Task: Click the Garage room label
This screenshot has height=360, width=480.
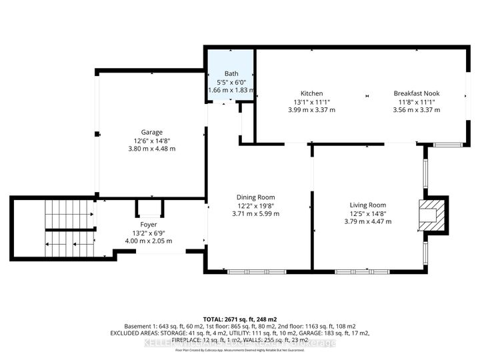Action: [151, 132]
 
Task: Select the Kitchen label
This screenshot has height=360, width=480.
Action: [311, 93]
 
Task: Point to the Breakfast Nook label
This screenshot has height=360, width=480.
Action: [416, 93]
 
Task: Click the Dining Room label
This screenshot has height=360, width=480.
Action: [256, 197]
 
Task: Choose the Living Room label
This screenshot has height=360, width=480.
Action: [368, 205]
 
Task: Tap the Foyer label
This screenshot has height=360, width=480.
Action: [148, 225]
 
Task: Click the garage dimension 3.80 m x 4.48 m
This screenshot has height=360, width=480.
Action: [151, 149]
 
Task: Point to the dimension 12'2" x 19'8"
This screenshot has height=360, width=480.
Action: [256, 205]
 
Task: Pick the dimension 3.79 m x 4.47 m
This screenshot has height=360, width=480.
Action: [368, 222]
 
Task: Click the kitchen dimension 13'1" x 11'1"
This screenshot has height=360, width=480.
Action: [311, 102]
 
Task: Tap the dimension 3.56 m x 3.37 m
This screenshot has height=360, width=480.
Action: [416, 110]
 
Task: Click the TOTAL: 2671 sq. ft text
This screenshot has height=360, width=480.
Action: [239, 319]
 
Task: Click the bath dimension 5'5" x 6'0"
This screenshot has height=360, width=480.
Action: [231, 82]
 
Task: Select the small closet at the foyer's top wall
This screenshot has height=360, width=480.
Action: [146, 207]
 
